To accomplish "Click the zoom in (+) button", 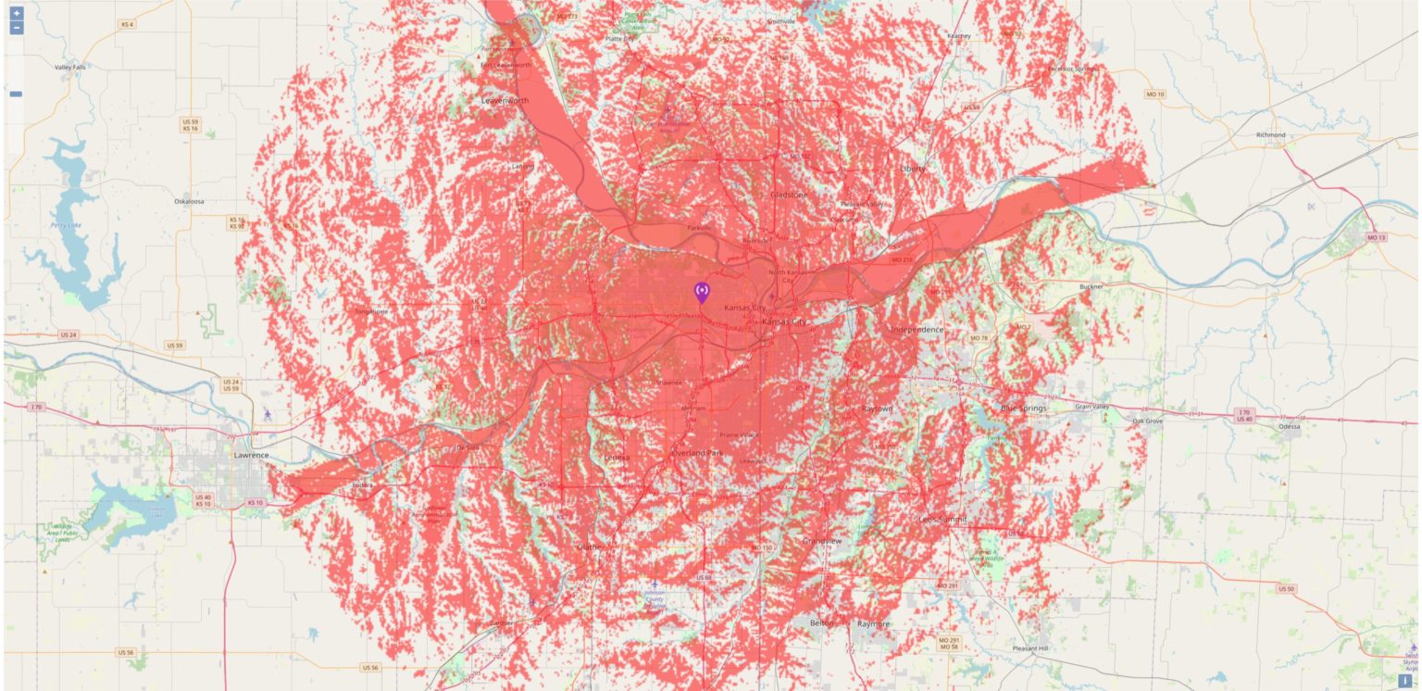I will click(x=16, y=14).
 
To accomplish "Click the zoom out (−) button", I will click(x=16, y=28).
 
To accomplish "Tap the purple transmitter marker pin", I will click(x=702, y=293).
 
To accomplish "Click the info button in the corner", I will click(x=1405, y=681).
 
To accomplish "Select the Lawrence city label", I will click(x=251, y=455).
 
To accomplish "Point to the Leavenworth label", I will click(x=505, y=100).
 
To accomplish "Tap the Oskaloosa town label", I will click(x=189, y=201).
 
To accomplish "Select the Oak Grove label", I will click(x=1147, y=421).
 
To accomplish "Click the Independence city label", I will click(x=917, y=330).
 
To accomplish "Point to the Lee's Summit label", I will click(x=942, y=520).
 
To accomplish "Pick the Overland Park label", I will click(x=696, y=453).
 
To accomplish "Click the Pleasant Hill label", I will click(x=1030, y=648).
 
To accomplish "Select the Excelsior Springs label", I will click(x=1071, y=69).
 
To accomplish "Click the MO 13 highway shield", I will click(x=1377, y=238).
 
